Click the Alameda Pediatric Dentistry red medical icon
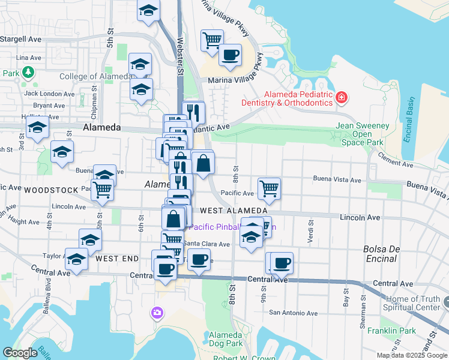point(342,97)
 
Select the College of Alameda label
point(95,76)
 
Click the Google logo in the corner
point(20,353)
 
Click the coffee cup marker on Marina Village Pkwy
point(230,55)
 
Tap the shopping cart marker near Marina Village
point(212,41)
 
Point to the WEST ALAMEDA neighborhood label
point(234,211)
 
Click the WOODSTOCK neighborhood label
point(51,190)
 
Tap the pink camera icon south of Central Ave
point(157,312)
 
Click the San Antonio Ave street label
point(291,312)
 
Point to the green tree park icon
point(28,73)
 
